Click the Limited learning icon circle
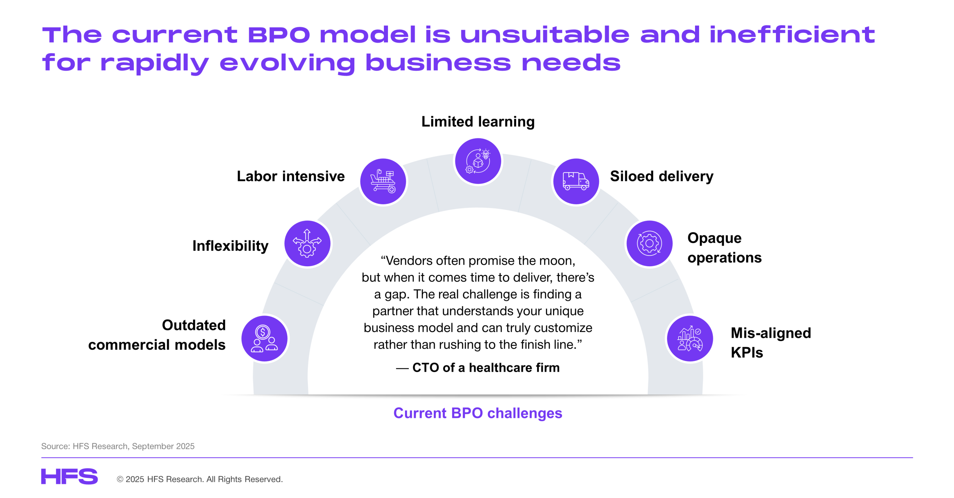click(x=478, y=161)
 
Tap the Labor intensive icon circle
click(x=383, y=181)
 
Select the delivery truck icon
click(x=576, y=181)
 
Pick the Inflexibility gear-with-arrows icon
click(x=307, y=244)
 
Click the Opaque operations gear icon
click(x=649, y=244)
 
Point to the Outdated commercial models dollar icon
click(x=264, y=339)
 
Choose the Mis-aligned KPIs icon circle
click(x=690, y=339)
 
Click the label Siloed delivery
click(x=661, y=176)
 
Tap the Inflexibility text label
click(x=230, y=246)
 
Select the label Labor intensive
click(x=291, y=176)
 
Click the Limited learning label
click(x=478, y=122)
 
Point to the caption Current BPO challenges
click(x=478, y=413)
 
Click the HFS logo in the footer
click(x=69, y=476)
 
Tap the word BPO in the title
click(x=279, y=35)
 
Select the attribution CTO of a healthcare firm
click(x=486, y=368)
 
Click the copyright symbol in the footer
click(x=120, y=479)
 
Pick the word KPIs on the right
click(x=747, y=352)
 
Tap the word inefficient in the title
click(x=792, y=35)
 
